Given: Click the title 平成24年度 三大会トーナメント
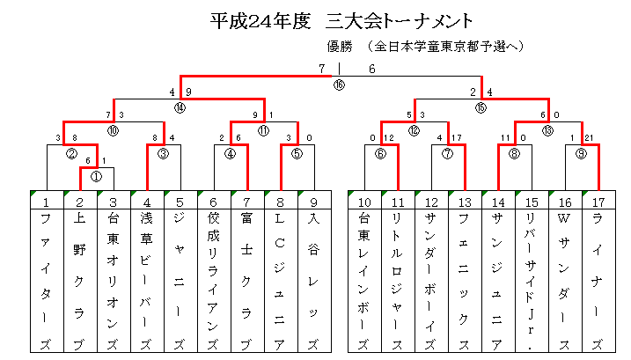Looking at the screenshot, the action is [341, 21].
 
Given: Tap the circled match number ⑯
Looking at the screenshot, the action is [339, 85].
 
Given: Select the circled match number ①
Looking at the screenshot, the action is [96, 177].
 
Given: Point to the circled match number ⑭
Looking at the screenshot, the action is [180, 107].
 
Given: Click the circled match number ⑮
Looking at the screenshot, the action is [481, 107].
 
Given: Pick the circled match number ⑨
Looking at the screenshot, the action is [581, 154].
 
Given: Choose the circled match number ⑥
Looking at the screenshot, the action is [380, 154].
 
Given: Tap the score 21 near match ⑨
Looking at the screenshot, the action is [589, 138].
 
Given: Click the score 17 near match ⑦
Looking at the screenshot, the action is [457, 138].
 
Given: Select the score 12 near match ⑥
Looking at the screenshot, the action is [389, 138].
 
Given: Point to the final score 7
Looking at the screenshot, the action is [321, 70].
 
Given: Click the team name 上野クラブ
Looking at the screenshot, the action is [80, 281].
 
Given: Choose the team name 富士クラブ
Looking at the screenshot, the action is [246, 281].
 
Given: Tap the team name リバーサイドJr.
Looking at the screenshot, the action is [531, 281].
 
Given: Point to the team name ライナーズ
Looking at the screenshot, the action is [598, 281].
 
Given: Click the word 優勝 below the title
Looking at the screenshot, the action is [340, 47].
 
